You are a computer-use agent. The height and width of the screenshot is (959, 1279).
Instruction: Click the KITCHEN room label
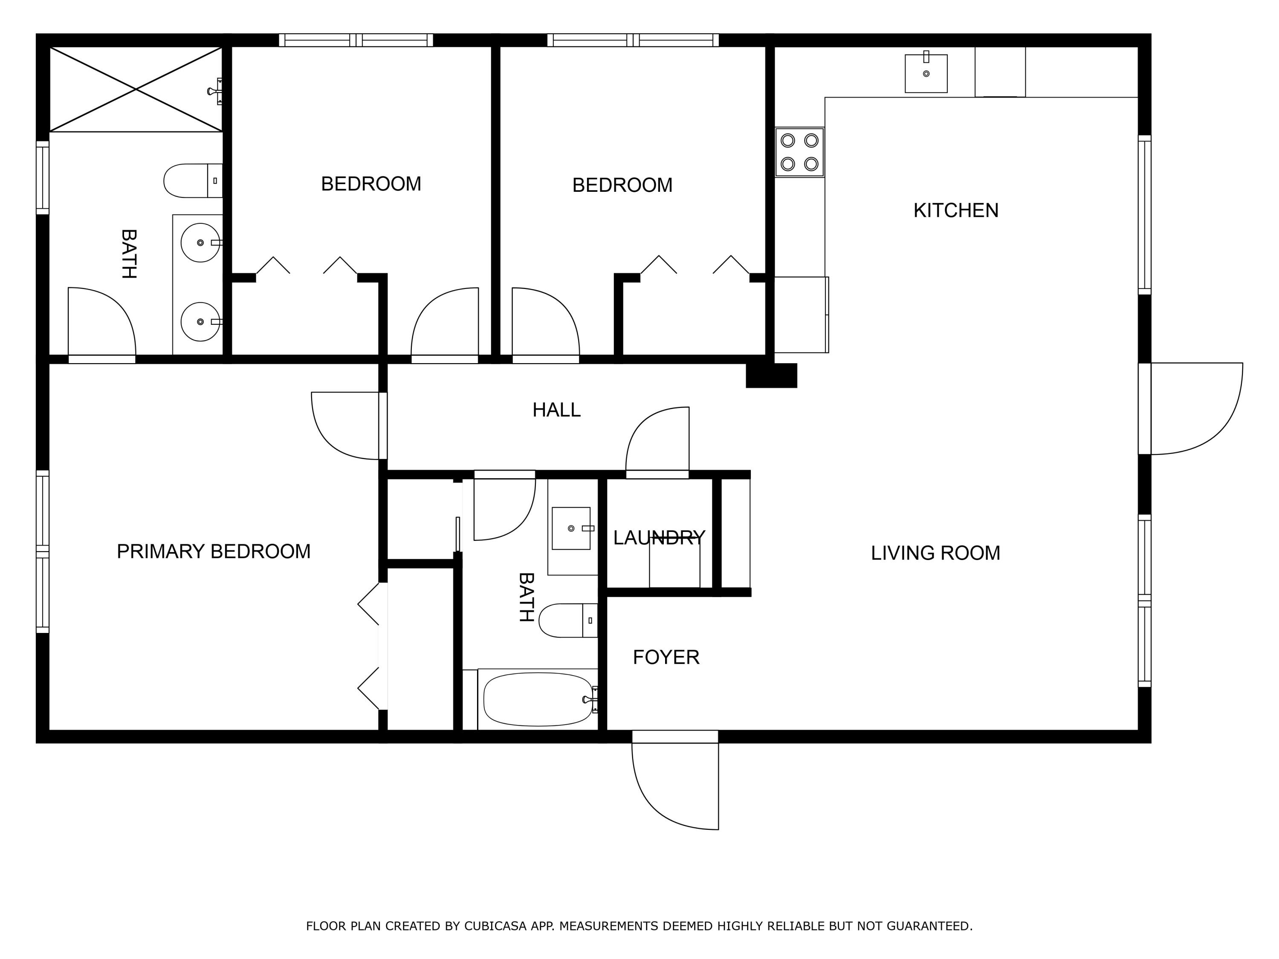click(x=956, y=211)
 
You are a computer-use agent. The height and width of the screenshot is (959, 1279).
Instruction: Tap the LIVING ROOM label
click(x=935, y=553)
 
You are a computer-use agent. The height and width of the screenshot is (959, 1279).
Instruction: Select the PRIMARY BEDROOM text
click(x=214, y=552)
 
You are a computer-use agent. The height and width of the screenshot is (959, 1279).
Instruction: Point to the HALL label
click(x=556, y=410)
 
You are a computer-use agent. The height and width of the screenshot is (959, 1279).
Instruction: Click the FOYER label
click(x=666, y=657)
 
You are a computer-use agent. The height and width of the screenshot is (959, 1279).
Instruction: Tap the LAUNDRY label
click(x=659, y=538)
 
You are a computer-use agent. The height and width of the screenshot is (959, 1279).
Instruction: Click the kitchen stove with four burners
click(x=800, y=153)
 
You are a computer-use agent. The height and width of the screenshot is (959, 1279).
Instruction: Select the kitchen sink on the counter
click(x=926, y=73)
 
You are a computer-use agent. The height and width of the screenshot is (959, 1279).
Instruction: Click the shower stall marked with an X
click(x=136, y=90)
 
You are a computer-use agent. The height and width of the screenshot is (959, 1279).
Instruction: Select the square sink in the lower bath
click(x=571, y=529)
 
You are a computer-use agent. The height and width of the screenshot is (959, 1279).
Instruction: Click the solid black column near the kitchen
click(x=771, y=376)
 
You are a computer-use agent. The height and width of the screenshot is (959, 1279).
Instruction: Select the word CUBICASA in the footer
click(x=495, y=926)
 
